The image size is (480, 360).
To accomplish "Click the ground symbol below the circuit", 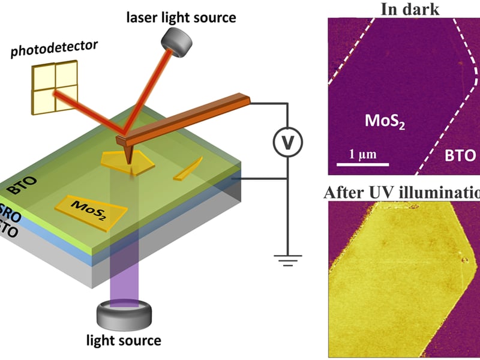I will pyautogui.click(x=287, y=260).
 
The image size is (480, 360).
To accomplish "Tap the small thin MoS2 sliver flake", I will pyautogui.click(x=188, y=169).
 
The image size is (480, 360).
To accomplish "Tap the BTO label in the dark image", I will pyautogui.click(x=457, y=156).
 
